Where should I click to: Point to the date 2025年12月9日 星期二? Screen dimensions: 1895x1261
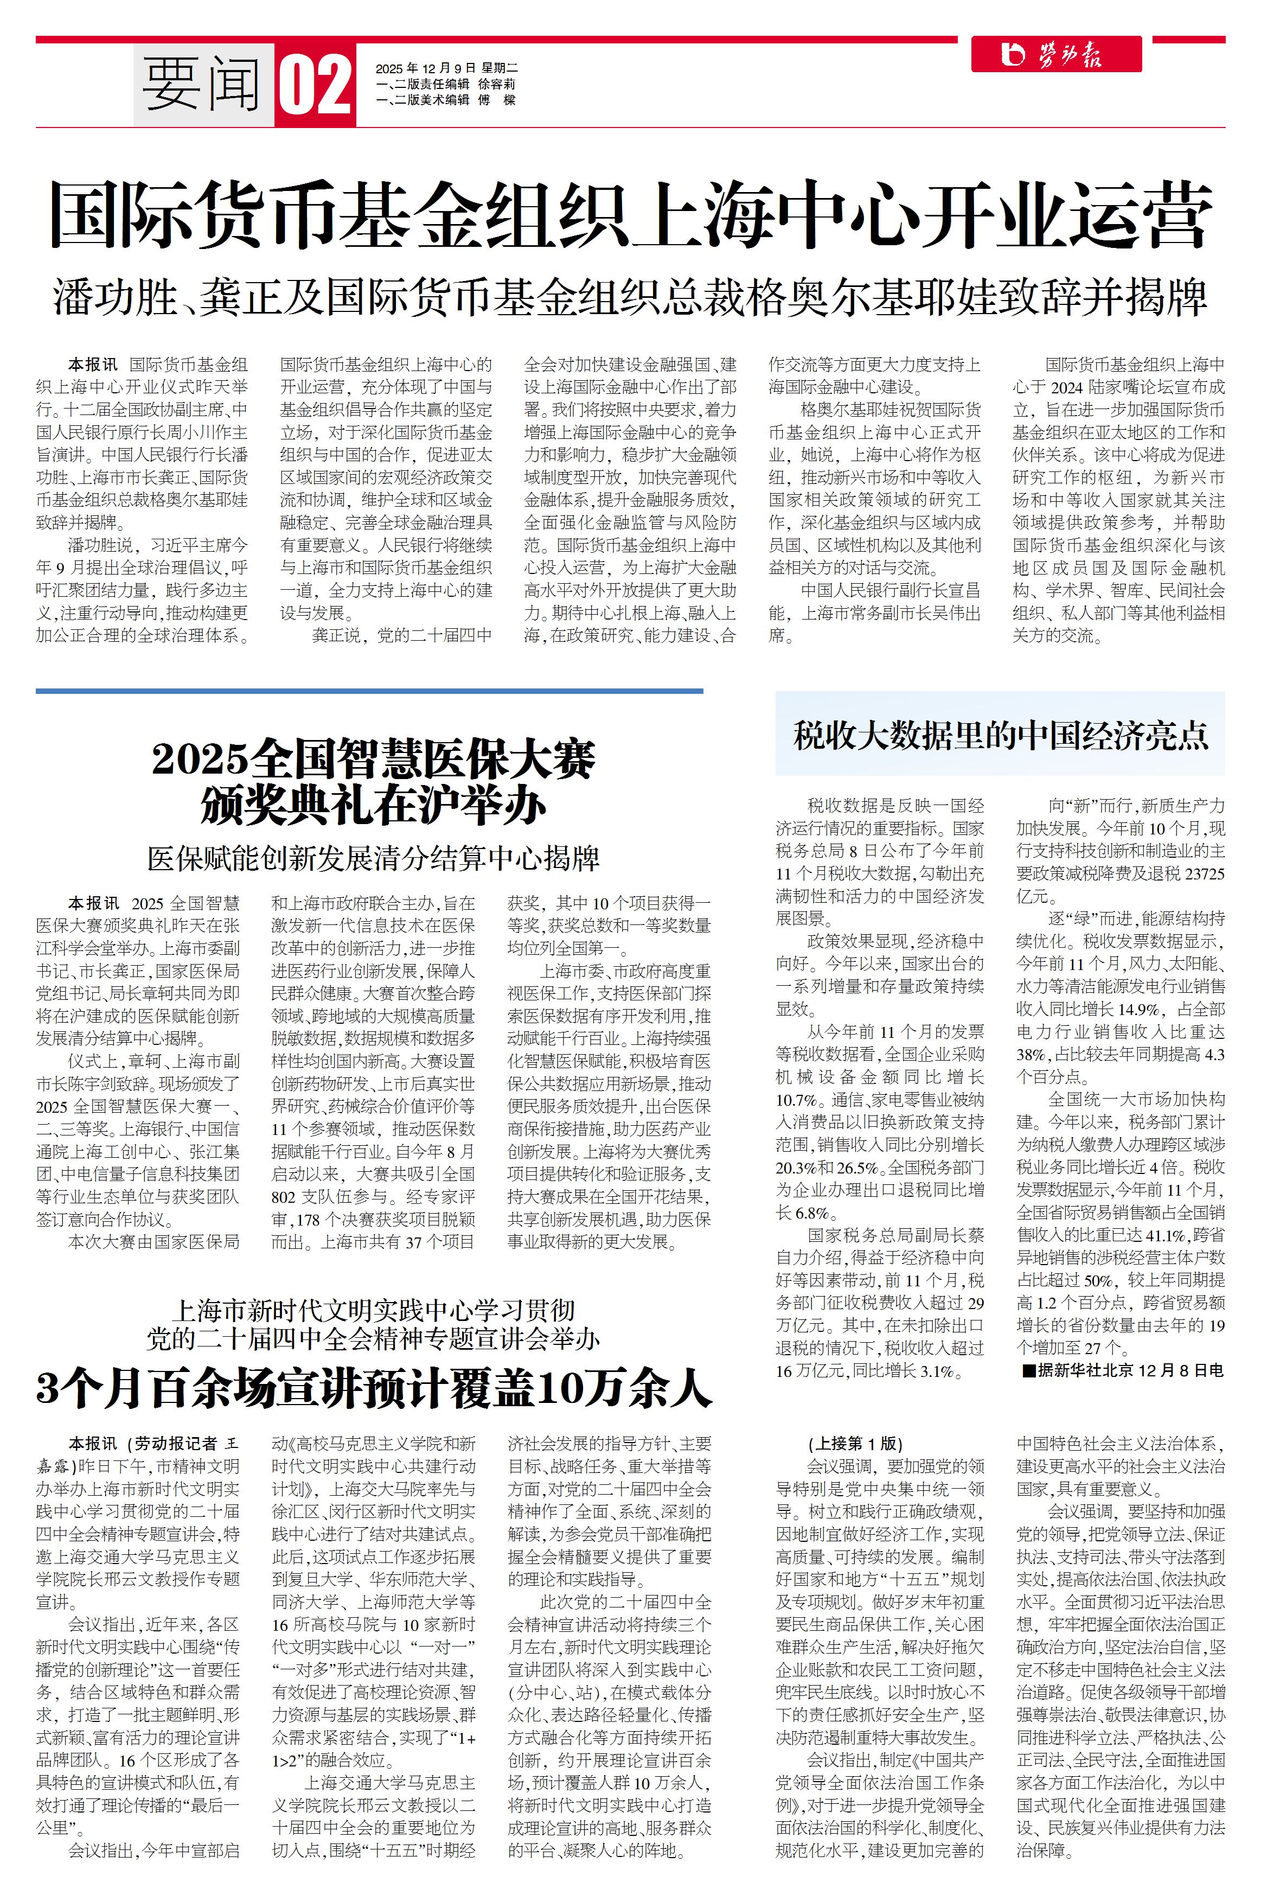coord(446,68)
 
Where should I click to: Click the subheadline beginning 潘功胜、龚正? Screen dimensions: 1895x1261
coord(630,298)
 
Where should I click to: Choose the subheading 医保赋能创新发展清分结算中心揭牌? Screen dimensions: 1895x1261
coord(373,858)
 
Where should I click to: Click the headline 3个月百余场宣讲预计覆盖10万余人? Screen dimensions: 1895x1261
coord(373,1387)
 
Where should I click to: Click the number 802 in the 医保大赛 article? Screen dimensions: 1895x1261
coord(288,1197)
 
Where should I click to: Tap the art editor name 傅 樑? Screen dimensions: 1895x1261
coord(497,100)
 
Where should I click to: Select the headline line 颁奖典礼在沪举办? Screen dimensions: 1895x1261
coord(373,805)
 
